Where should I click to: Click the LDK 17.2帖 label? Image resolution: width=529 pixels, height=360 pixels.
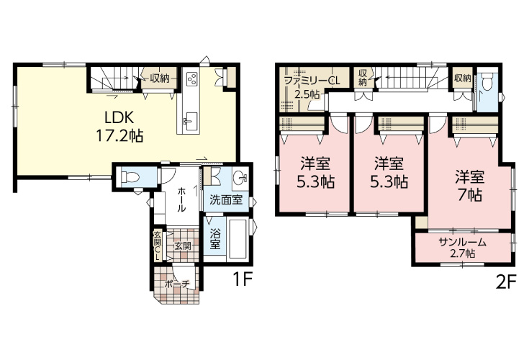pyautogui.click(x=119, y=127)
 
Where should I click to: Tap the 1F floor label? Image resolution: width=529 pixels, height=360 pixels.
pyautogui.click(x=243, y=279)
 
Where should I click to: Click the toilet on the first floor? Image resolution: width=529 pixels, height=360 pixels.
pyautogui.click(x=130, y=176)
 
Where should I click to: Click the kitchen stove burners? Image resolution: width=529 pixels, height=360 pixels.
pyautogui.click(x=192, y=79)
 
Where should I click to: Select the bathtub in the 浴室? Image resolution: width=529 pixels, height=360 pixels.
pyautogui.click(x=238, y=238)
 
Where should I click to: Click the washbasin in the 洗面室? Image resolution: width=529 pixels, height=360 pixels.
pyautogui.click(x=241, y=176)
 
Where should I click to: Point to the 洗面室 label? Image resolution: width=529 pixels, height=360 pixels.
pyautogui.click(x=226, y=199)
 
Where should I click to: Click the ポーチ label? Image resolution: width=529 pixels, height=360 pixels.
pyautogui.click(x=178, y=284)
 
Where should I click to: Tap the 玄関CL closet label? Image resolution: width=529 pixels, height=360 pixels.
pyautogui.click(x=157, y=245)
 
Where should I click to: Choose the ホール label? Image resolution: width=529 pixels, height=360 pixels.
pyautogui.click(x=181, y=199)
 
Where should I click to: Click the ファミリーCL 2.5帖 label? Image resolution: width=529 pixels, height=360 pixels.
pyautogui.click(x=311, y=87)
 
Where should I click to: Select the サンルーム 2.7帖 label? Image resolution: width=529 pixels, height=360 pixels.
pyautogui.click(x=463, y=247)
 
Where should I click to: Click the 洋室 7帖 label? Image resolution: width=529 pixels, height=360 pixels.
pyautogui.click(x=469, y=186)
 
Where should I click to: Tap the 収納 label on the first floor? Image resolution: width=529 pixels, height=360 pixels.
pyautogui.click(x=160, y=78)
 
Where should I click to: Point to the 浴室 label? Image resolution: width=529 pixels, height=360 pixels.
pyautogui.click(x=215, y=239)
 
